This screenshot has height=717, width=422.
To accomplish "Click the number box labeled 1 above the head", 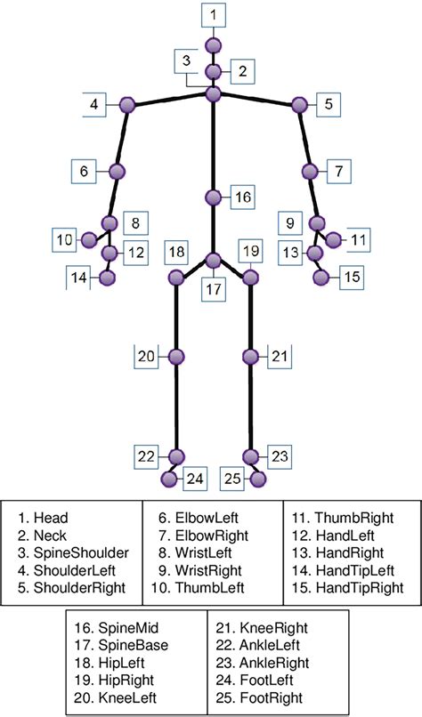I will [x=214, y=15].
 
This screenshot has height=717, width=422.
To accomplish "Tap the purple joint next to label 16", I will [x=214, y=197].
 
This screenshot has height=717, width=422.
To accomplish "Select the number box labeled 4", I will [x=94, y=104].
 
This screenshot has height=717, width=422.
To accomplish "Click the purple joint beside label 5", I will [x=300, y=105].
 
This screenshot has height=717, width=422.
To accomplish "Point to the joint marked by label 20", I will [x=176, y=357].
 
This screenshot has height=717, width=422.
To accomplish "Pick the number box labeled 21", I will [x=279, y=357].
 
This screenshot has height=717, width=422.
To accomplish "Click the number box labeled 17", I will [x=214, y=289].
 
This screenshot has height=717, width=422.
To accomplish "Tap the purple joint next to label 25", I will [x=258, y=479].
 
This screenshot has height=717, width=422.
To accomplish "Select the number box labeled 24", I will [x=196, y=479].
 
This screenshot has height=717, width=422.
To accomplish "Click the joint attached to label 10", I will [x=88, y=239].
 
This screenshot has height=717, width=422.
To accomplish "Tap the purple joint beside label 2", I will [x=214, y=72].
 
